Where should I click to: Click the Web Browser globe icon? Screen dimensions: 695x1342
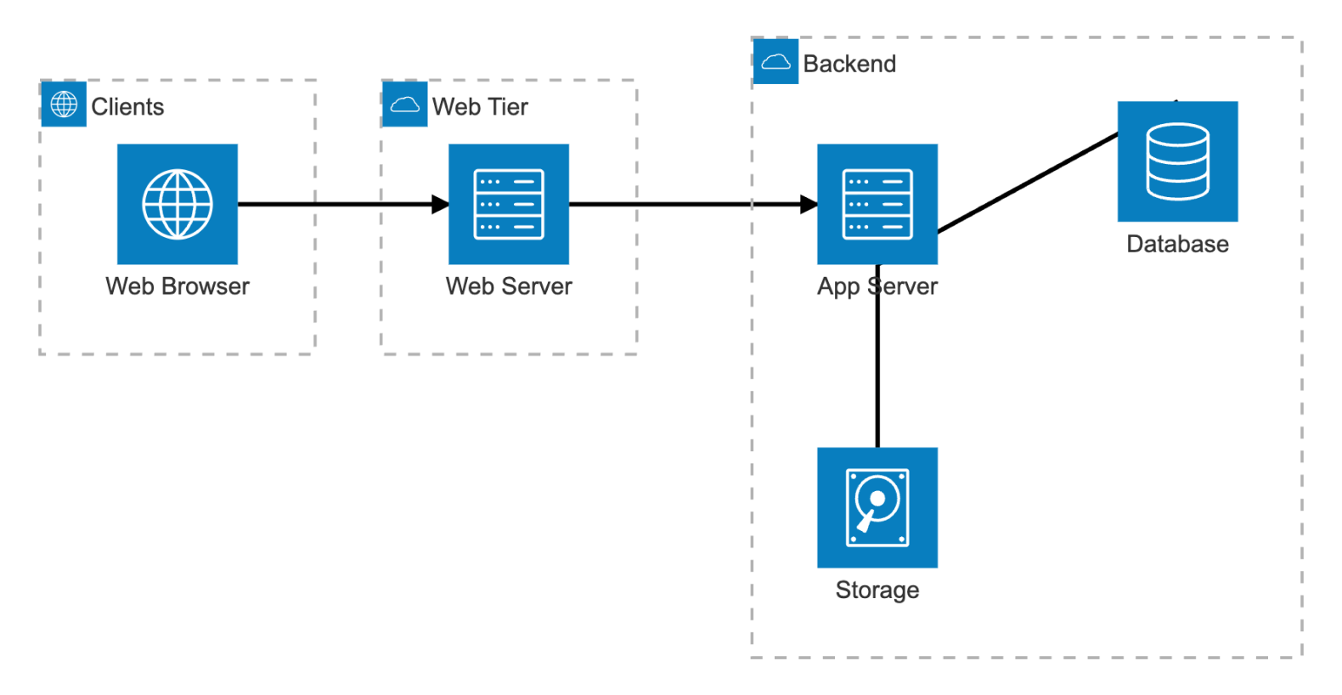coord(178,204)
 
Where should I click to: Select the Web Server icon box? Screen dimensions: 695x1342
coord(509,204)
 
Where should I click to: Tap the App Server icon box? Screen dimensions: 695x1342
coord(877,204)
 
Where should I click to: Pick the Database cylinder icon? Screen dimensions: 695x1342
coord(1177,161)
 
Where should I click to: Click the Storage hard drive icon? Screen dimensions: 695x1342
coord(877,507)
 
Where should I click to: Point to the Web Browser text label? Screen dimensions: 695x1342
coord(178,286)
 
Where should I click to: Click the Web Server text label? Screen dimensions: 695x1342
coord(509,286)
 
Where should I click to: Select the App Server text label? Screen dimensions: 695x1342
coord(877,286)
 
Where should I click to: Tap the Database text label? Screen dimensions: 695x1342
coord(1177,245)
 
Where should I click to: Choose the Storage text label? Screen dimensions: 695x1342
coord(877,590)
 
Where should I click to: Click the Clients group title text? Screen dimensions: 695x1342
coord(127,107)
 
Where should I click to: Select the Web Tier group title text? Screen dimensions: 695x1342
coord(480,107)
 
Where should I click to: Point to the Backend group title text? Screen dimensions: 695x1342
coord(849,65)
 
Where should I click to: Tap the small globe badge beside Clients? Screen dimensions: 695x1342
coord(64,104)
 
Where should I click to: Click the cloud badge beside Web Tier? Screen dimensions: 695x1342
coord(405,104)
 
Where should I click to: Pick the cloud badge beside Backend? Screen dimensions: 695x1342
coord(775,61)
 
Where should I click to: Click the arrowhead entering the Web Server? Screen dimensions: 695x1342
coord(440,204)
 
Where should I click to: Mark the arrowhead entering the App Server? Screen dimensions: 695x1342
coord(809,204)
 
